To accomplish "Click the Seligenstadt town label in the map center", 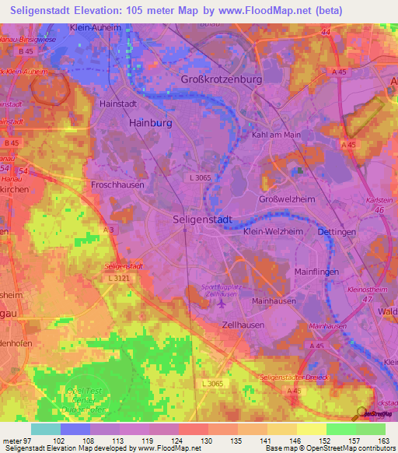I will point(201,220).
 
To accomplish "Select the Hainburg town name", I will point(149,122).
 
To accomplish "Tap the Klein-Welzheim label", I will point(270,232).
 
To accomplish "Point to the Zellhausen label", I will point(243,325).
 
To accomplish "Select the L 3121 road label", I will point(120,278).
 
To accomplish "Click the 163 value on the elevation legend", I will point(383,441).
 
